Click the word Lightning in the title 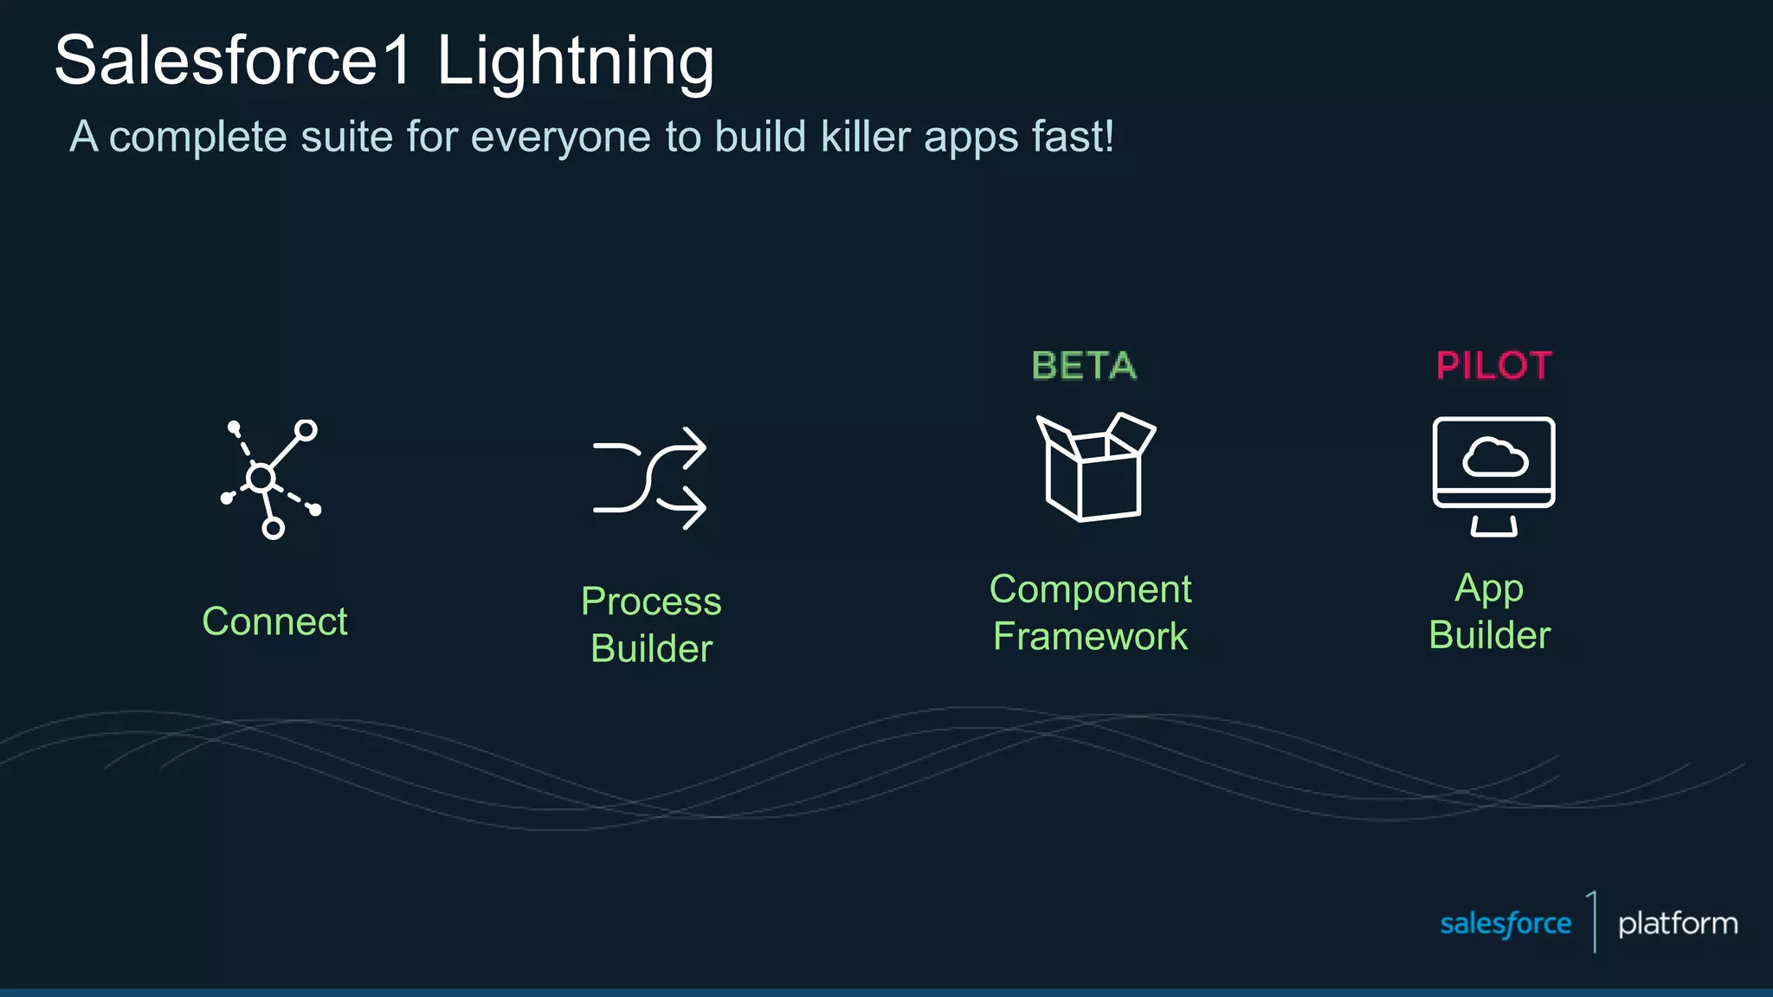point(575,62)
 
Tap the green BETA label point(1084,366)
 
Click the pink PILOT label point(1494,366)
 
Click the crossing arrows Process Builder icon point(649,478)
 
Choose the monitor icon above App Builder point(1493,476)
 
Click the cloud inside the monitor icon point(1494,458)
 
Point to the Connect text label point(274,621)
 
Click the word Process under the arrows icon point(651,601)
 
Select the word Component point(1090,590)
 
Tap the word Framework point(1090,637)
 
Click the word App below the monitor point(1489,589)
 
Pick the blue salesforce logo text point(1505,923)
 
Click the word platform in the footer point(1678,923)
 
